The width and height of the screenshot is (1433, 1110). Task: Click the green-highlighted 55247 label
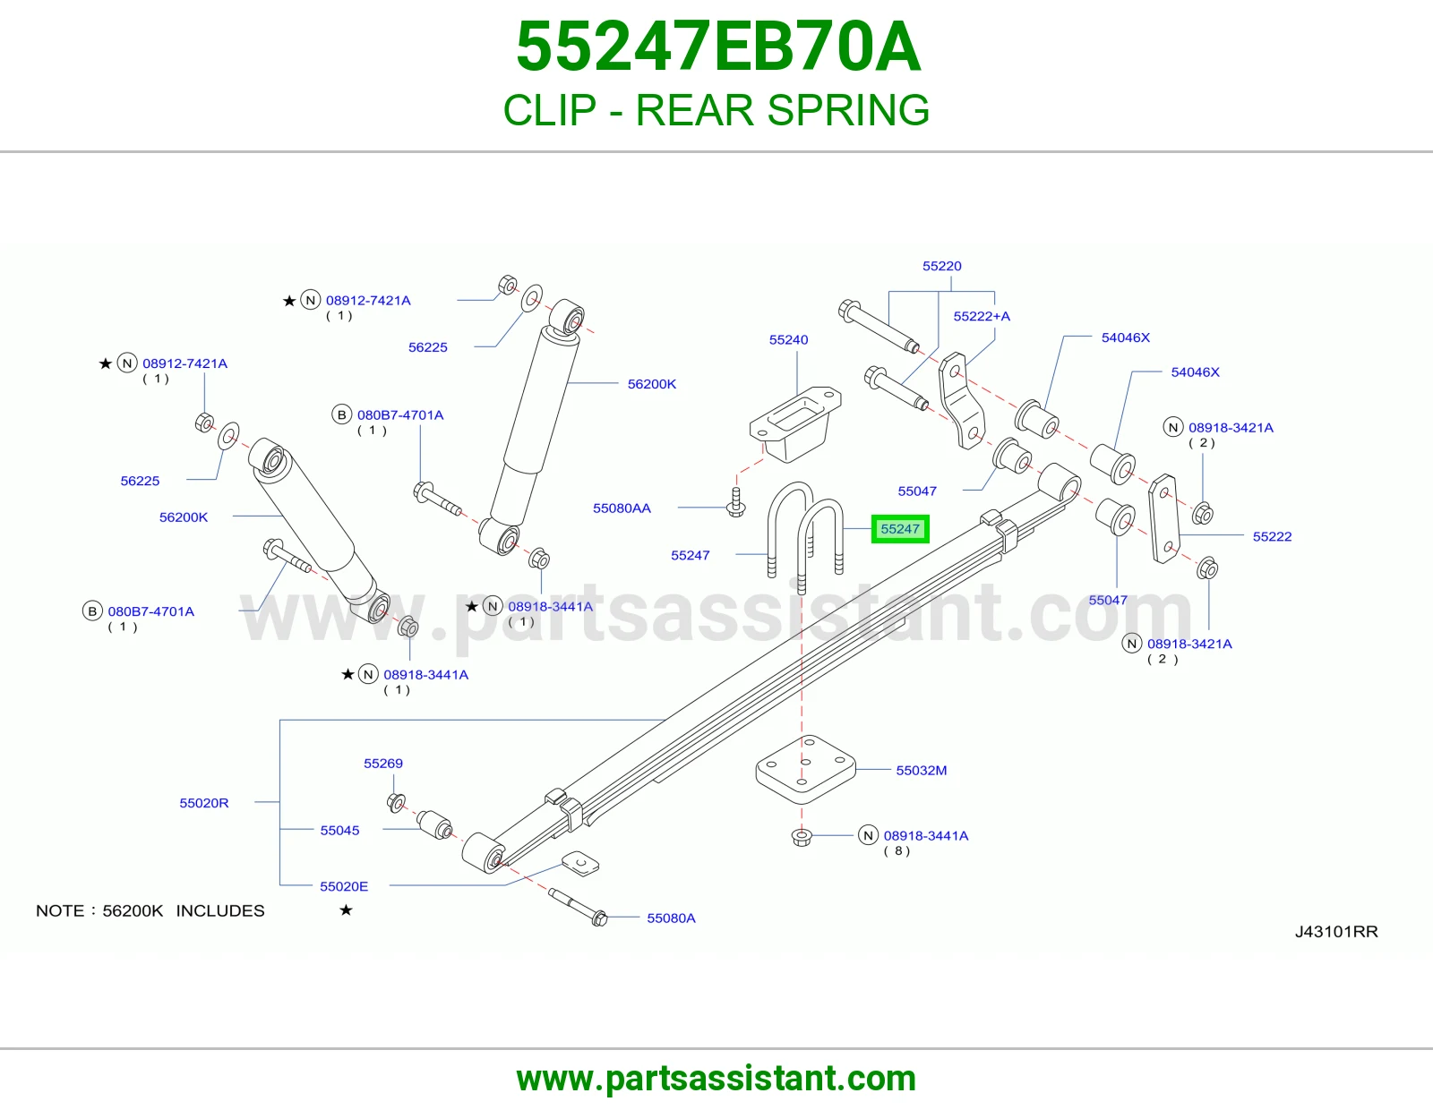point(899,529)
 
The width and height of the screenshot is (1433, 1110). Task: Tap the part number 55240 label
point(788,339)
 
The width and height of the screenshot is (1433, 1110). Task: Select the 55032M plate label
point(921,770)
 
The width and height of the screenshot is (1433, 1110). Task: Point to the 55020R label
point(204,803)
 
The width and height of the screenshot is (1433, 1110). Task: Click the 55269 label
point(383,764)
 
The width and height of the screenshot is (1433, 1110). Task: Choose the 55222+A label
point(982,316)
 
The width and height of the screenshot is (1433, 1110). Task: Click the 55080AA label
point(622,508)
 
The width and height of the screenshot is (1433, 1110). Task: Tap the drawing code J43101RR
point(1336,931)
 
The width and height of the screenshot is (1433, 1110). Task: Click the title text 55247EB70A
point(717,47)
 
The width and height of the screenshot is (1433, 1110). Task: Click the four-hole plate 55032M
point(805,769)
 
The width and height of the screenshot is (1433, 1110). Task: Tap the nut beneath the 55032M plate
point(802,837)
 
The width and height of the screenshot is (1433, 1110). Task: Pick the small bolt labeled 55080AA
point(736,502)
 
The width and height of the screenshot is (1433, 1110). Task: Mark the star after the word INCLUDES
point(346,910)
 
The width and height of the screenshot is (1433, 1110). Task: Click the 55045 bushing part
point(435,824)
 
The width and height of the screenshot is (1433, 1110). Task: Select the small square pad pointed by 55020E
point(580,864)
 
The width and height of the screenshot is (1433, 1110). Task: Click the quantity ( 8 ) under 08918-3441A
point(897,851)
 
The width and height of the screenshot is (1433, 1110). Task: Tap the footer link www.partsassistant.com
point(716,1079)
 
